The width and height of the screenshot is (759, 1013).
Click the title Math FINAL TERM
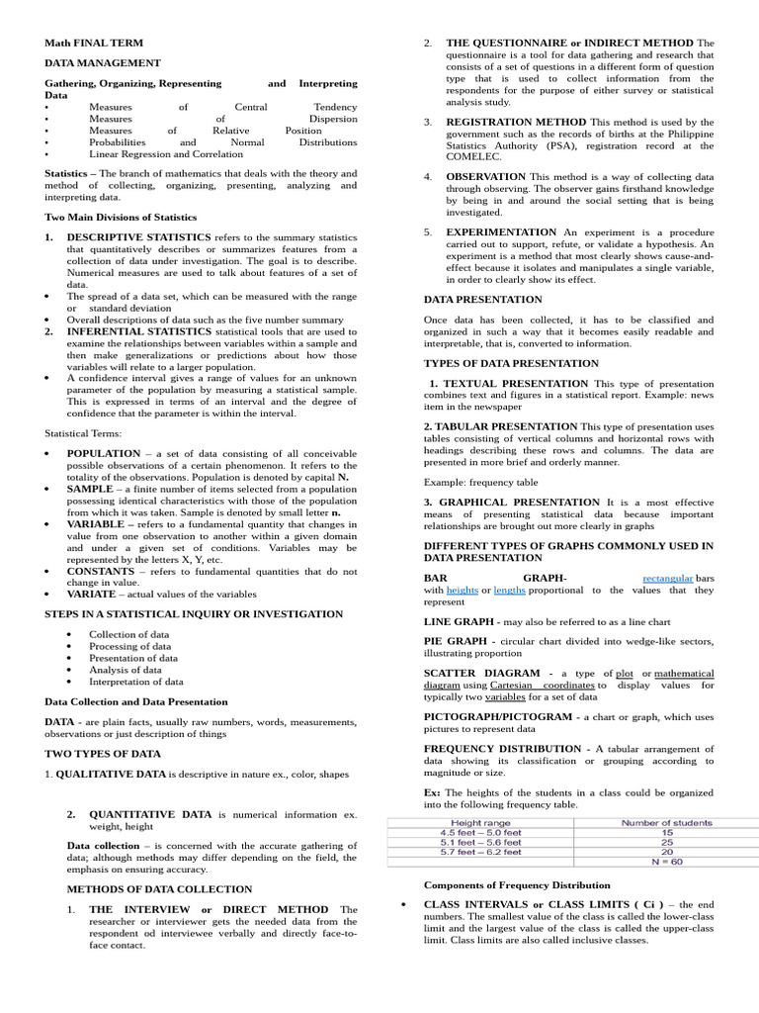pyautogui.click(x=94, y=44)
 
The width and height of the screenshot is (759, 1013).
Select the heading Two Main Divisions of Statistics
pyautogui.click(x=121, y=217)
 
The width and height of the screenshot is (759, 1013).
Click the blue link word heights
pyautogui.click(x=462, y=590)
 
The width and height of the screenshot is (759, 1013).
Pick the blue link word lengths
pyautogui.click(x=509, y=590)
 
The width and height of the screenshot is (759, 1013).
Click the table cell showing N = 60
pyautogui.click(x=666, y=862)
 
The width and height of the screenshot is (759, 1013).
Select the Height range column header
pyautogui.click(x=480, y=822)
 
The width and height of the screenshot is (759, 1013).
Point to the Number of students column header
pyautogui.click(x=666, y=822)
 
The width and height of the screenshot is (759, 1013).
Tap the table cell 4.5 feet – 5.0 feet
pyautogui.click(x=480, y=832)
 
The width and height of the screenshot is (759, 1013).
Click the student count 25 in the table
pyautogui.click(x=666, y=842)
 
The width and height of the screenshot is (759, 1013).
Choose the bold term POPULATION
pyautogui.click(x=104, y=452)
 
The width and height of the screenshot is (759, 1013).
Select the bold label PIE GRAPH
pyautogui.click(x=461, y=641)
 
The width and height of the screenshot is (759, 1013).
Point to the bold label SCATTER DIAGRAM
pyautogui.click(x=484, y=673)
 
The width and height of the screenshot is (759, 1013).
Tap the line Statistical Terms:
pyautogui.click(x=83, y=433)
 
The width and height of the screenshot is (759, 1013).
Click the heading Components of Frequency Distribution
pyautogui.click(x=517, y=885)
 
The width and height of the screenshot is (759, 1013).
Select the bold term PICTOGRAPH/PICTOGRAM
pyautogui.click(x=497, y=717)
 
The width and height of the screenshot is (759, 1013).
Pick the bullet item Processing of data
pyautogui.click(x=129, y=646)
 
